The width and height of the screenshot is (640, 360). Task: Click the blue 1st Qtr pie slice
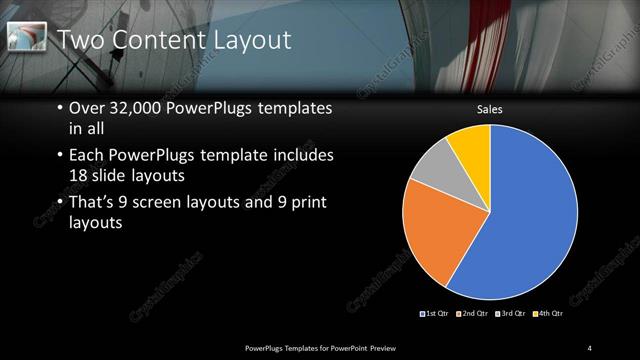(x=530, y=220)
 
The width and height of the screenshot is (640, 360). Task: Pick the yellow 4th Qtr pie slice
(x=471, y=144)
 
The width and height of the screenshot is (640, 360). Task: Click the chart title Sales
(x=489, y=109)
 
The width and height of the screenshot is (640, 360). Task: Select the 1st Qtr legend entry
(x=436, y=314)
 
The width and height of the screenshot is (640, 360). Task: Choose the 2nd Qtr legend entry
(x=472, y=314)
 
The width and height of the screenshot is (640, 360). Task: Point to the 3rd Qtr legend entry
(x=509, y=314)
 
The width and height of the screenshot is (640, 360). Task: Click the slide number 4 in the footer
(x=590, y=347)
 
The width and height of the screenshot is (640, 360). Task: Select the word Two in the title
(x=78, y=40)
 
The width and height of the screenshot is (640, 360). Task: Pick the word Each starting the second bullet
(x=87, y=156)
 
